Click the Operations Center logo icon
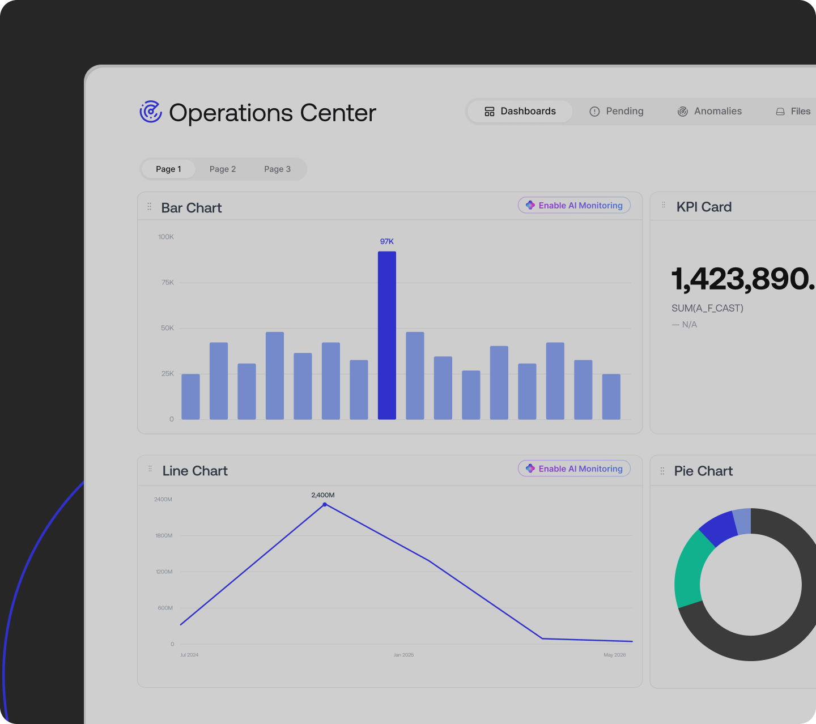pyautogui.click(x=151, y=112)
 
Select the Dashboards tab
pyautogui.click(x=520, y=111)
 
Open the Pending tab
pyautogui.click(x=616, y=111)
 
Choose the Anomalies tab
pyautogui.click(x=709, y=111)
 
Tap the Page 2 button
pyautogui.click(x=222, y=169)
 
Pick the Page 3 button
pyautogui.click(x=277, y=169)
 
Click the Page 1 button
pyautogui.click(x=168, y=169)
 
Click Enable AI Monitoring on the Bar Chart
pyautogui.click(x=574, y=206)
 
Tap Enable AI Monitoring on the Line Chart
pyautogui.click(x=574, y=469)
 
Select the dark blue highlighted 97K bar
pyautogui.click(x=386, y=335)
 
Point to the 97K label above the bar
pyautogui.click(x=386, y=241)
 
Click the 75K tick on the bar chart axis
pyautogui.click(x=167, y=282)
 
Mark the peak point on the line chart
pyautogui.click(x=325, y=505)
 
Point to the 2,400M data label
pyautogui.click(x=322, y=495)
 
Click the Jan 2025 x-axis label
pyautogui.click(x=403, y=655)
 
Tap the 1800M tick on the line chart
pyautogui.click(x=164, y=535)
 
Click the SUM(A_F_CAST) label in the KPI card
pyautogui.click(x=707, y=308)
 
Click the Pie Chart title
pyautogui.click(x=703, y=471)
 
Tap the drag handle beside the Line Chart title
pyautogui.click(x=150, y=469)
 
